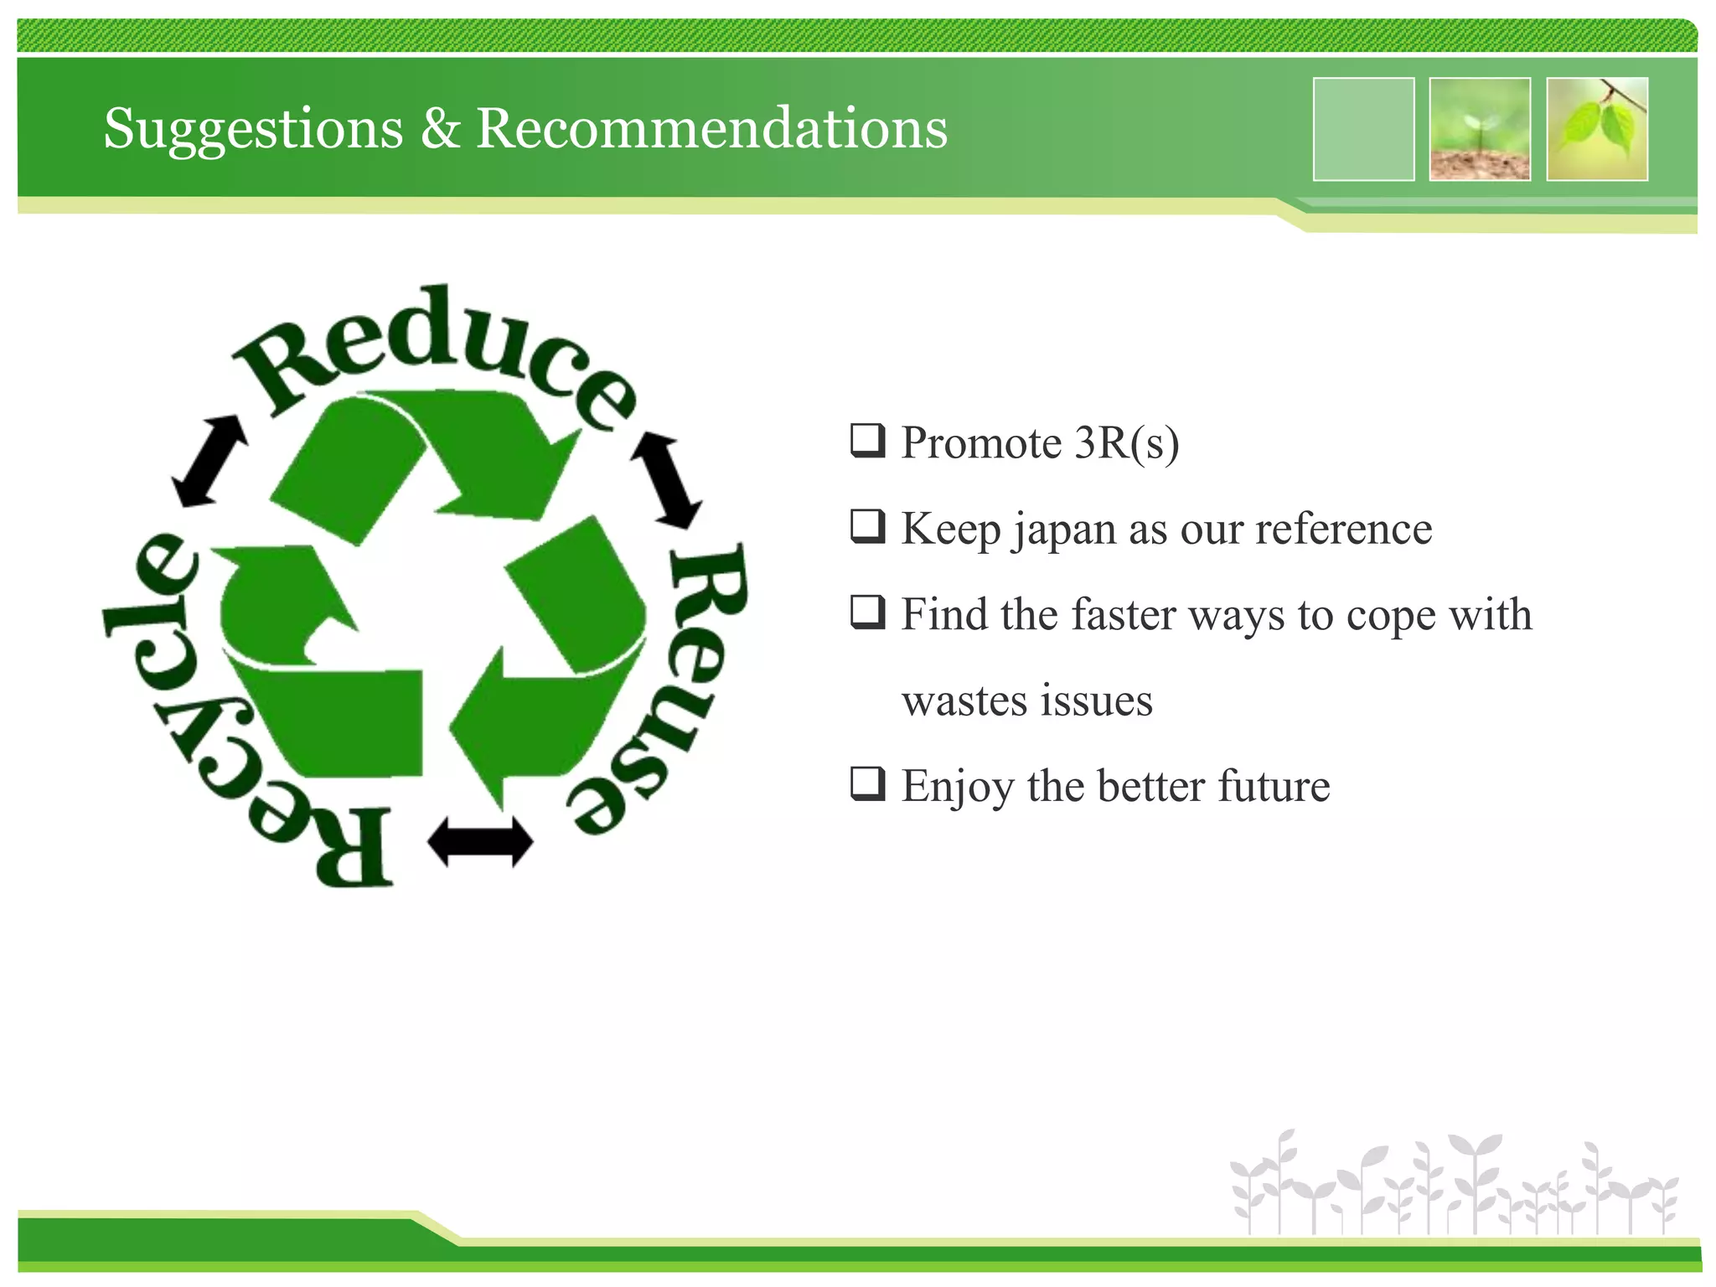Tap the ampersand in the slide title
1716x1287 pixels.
[440, 129]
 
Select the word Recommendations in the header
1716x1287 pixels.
[711, 129]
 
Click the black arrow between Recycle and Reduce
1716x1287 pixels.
[209, 461]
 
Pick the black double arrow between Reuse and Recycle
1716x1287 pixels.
[480, 841]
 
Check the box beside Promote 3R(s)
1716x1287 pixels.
[867, 441]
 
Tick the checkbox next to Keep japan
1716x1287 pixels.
[867, 526]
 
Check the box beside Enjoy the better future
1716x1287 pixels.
[867, 783]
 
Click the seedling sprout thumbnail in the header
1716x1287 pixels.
[1480, 129]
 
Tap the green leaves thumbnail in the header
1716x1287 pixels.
[1597, 129]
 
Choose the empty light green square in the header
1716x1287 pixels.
[1363, 129]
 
